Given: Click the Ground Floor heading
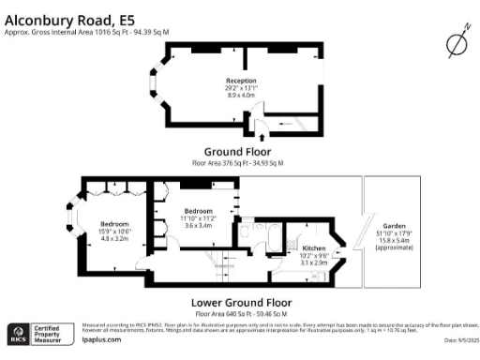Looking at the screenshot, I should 238,151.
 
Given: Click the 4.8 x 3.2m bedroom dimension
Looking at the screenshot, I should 115,238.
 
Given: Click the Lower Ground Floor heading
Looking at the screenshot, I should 241,303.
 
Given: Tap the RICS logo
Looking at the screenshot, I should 18,333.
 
